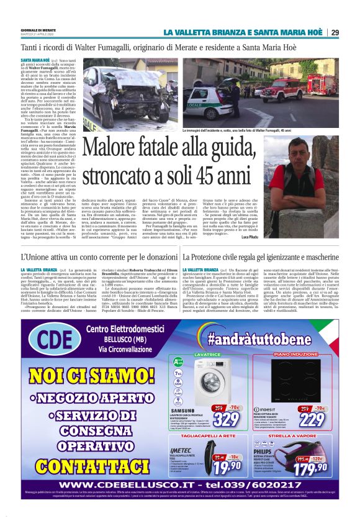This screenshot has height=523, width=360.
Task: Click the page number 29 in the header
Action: point(335,32)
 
